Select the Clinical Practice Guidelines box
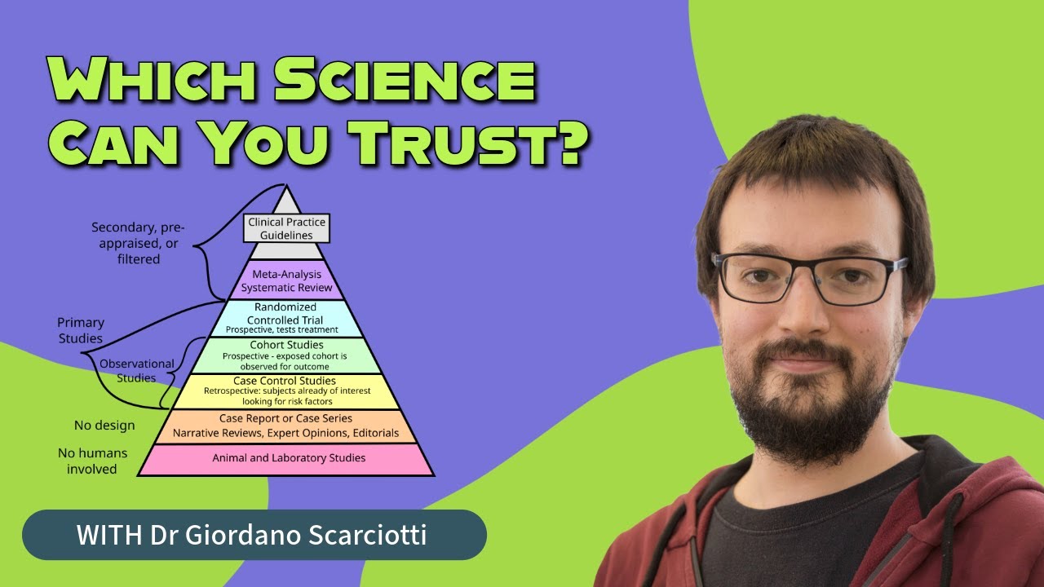287,227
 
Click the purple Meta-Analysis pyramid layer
286,280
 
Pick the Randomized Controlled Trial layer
286,318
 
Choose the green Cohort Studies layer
286,355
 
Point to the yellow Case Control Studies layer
286,391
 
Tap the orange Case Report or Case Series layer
286,426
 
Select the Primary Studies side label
80,330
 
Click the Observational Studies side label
136,371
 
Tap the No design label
104,425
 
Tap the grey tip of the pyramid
286,202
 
